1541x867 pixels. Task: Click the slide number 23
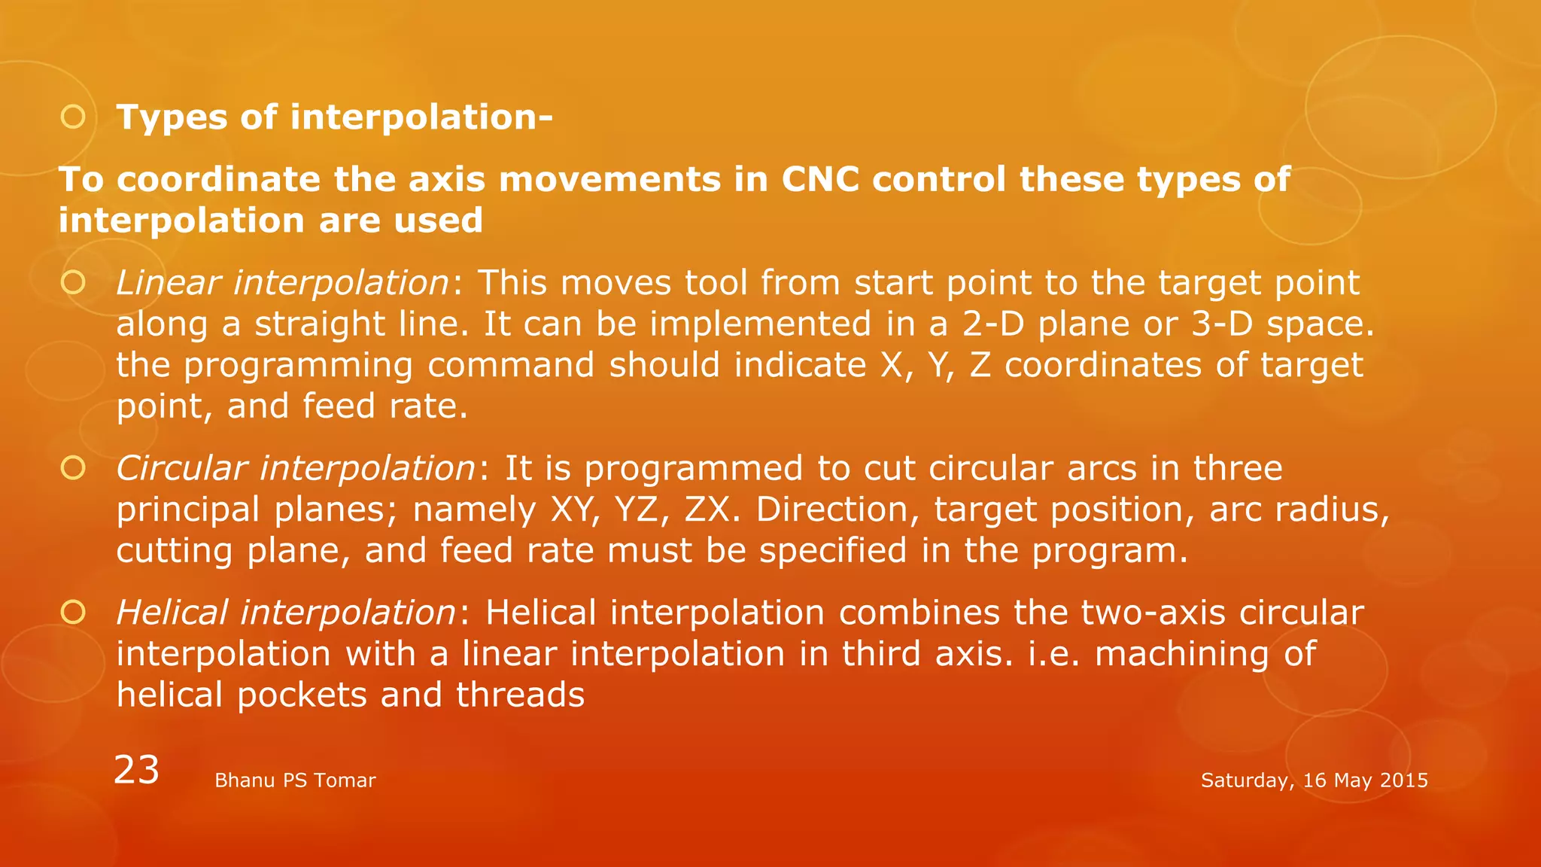click(x=136, y=770)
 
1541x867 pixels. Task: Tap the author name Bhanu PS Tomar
click(x=295, y=780)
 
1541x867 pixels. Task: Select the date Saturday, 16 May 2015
click(x=1314, y=780)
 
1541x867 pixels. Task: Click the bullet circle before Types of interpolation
click(x=73, y=117)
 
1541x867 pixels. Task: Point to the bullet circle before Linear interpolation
click(x=73, y=283)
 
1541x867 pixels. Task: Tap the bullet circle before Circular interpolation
click(x=73, y=468)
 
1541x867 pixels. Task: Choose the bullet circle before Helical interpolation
click(x=73, y=613)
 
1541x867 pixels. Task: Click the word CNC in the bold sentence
click(x=820, y=179)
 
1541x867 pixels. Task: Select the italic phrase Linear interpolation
click(x=283, y=283)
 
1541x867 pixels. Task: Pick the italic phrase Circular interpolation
click(x=296, y=468)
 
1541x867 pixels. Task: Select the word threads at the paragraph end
click(x=520, y=695)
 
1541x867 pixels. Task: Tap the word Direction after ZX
click(x=837, y=510)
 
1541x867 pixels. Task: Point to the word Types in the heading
click(x=172, y=117)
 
